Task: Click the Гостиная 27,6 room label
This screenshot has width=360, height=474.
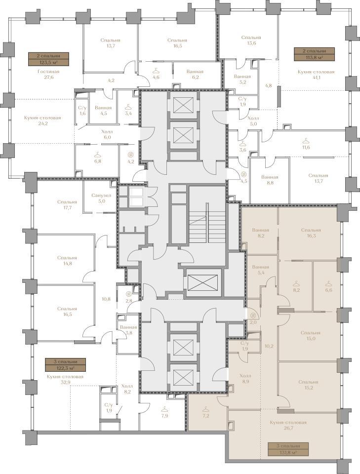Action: coord(48,75)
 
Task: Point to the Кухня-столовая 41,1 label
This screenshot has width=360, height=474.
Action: coord(316,75)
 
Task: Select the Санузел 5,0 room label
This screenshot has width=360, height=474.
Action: coord(101,198)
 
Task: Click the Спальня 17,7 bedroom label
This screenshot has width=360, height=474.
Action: coord(67,204)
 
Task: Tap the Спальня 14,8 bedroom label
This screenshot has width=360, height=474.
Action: coord(67,261)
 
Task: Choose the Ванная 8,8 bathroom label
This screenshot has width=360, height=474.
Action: coord(270,180)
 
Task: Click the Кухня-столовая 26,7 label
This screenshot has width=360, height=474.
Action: coord(288,425)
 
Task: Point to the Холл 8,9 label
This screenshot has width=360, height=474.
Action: coord(245,379)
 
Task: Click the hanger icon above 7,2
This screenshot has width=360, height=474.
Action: coord(206,409)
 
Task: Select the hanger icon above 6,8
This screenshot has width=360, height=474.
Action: coord(97,155)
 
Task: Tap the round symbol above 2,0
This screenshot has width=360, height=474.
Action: coord(253,316)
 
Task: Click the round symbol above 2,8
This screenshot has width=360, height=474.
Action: coord(129,293)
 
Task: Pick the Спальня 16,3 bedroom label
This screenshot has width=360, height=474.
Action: coord(311,233)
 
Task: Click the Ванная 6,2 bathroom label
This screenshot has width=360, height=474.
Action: coord(195,75)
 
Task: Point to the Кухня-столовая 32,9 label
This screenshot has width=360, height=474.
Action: coord(65,379)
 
